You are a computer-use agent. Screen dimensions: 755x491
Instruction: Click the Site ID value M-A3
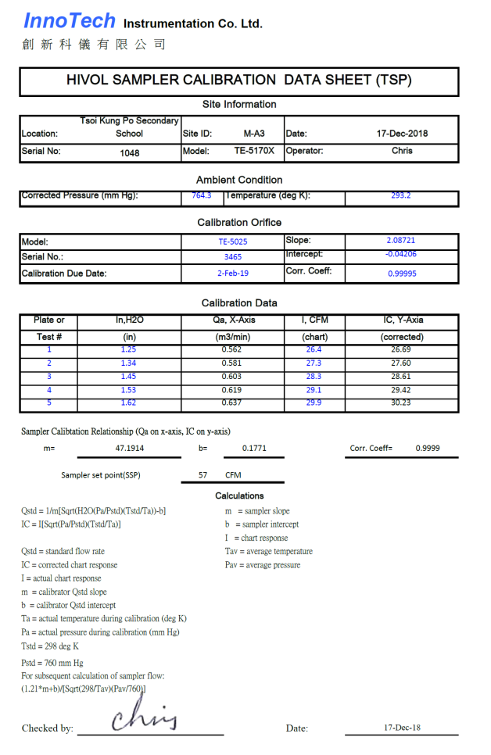point(254,134)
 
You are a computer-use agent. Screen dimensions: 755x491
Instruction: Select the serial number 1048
point(130,153)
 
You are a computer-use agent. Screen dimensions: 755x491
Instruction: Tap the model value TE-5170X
point(254,151)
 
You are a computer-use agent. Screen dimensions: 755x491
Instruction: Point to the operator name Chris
point(402,151)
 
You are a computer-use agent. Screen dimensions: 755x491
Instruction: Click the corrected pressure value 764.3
point(202,195)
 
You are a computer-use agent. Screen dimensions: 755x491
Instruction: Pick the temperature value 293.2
point(401,195)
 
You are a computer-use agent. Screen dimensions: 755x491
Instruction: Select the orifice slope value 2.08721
point(401,241)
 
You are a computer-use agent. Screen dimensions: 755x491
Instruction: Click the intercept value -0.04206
point(401,254)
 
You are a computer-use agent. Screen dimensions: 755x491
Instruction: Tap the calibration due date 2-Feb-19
point(232,274)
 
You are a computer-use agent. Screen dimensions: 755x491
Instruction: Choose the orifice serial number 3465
point(232,256)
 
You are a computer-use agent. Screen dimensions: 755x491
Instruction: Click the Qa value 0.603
point(232,376)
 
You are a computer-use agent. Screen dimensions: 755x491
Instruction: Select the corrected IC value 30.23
point(401,403)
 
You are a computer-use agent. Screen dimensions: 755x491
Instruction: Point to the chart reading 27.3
point(314,363)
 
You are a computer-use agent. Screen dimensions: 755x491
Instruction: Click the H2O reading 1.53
point(129,389)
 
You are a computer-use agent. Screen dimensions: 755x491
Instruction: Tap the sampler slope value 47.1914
point(130,449)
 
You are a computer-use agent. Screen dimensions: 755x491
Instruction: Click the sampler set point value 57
point(202,474)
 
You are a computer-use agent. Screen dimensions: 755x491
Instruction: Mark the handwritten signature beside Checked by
point(145,715)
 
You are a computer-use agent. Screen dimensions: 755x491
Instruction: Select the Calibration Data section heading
point(239,303)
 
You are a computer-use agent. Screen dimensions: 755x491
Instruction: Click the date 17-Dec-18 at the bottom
point(402,727)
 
